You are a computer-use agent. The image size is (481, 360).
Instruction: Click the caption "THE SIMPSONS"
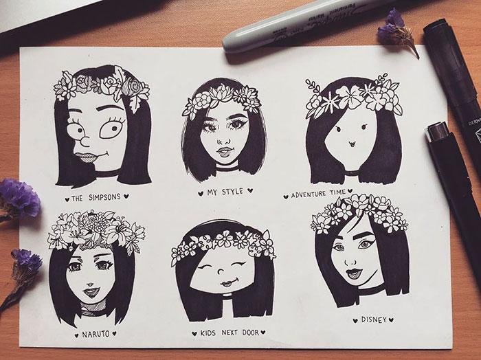96,197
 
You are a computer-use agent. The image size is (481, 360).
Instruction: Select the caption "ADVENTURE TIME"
317,194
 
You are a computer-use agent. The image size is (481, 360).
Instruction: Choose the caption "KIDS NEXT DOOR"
230,333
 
